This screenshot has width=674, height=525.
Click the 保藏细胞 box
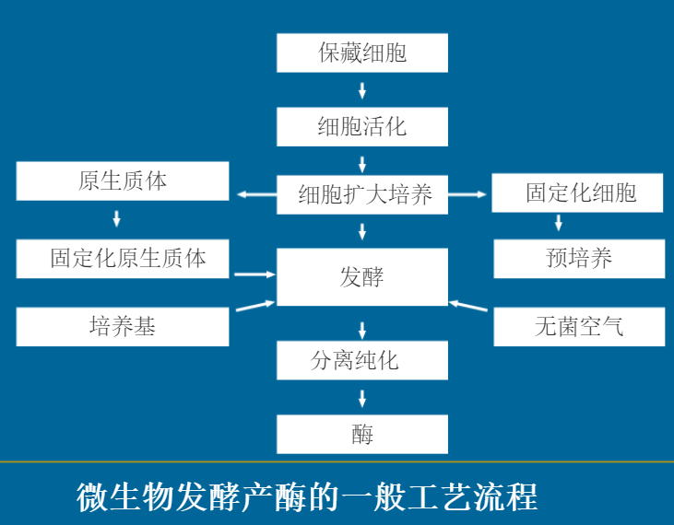(x=362, y=52)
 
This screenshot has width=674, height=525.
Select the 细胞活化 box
(x=362, y=126)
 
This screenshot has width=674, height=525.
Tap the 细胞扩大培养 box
(x=362, y=194)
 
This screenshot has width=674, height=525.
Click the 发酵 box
(x=362, y=276)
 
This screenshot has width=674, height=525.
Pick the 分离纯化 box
(x=362, y=360)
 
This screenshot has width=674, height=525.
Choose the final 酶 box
(x=362, y=434)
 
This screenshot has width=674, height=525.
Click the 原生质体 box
(x=123, y=181)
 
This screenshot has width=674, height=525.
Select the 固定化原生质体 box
(x=123, y=258)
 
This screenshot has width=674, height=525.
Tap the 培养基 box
(x=123, y=326)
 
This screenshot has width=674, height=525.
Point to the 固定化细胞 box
(x=578, y=193)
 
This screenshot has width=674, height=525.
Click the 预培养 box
(x=579, y=259)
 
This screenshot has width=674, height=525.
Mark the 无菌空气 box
(x=579, y=326)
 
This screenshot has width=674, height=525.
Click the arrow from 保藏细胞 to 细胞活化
(x=362, y=90)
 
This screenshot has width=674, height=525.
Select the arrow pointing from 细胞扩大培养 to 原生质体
(x=256, y=194)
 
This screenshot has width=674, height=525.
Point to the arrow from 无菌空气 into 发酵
(x=468, y=306)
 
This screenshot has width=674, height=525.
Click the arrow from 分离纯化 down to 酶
(x=362, y=398)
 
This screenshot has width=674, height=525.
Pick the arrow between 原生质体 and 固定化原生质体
(x=117, y=219)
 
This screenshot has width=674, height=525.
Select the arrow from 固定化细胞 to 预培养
(x=559, y=222)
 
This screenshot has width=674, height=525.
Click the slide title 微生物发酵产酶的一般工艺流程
(x=306, y=496)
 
